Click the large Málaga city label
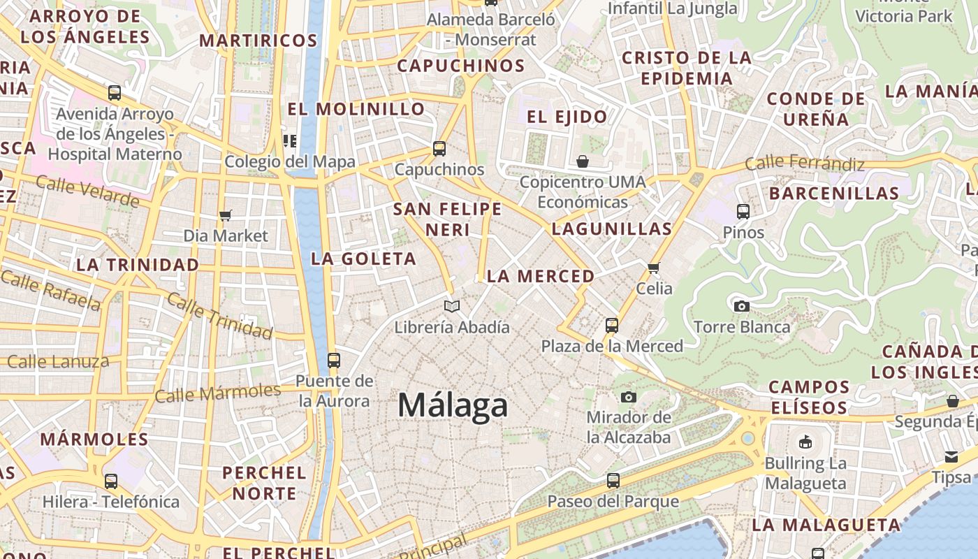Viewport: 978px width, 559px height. [453, 405]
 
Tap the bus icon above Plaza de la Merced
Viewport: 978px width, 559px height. [612, 325]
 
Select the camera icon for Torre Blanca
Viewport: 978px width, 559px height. [742, 306]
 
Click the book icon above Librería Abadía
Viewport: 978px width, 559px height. [452, 306]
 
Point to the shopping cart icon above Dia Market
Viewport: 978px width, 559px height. [225, 215]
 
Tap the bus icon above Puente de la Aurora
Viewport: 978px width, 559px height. [334, 361]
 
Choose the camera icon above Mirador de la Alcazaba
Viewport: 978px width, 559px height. [629, 397]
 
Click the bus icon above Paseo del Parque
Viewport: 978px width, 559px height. [613, 481]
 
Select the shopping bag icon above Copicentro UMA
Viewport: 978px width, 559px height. [583, 161]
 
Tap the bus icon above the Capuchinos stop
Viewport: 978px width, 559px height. [439, 148]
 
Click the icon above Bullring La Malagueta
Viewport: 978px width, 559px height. [805, 442]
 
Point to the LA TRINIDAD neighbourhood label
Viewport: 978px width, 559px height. [138, 265]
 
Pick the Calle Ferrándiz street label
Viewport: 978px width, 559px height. [804, 164]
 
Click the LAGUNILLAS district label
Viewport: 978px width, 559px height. [611, 228]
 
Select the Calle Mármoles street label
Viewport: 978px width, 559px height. [217, 393]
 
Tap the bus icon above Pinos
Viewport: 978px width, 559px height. [743, 211]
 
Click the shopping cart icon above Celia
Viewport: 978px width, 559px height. [654, 267]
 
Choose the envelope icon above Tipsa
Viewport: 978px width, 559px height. [951, 457]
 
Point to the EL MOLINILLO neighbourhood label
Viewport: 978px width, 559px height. [356, 109]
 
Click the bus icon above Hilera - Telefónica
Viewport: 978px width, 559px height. [111, 481]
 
